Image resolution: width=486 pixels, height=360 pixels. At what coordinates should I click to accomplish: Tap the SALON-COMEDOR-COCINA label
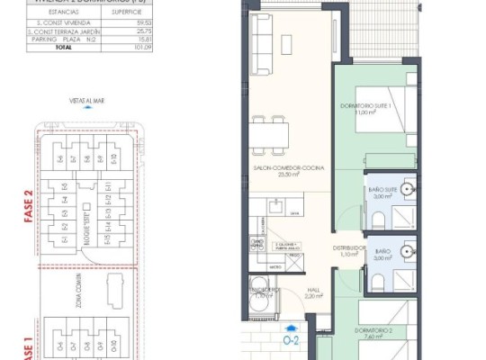click(x=288, y=171)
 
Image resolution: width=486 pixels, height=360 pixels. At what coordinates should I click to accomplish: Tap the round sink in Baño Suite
click(x=407, y=189)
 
